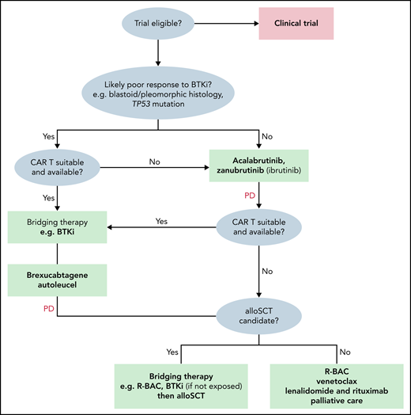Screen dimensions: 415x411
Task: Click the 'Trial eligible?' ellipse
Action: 159,25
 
